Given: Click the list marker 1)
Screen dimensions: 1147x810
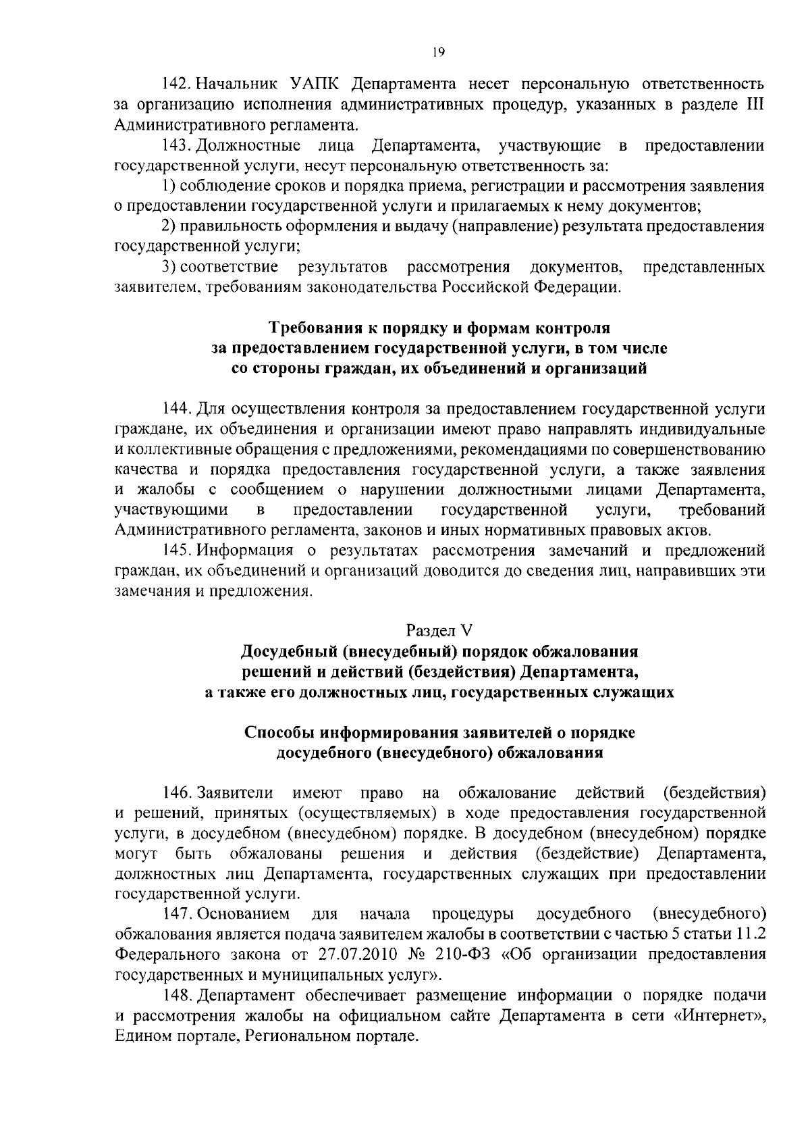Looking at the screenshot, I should (x=170, y=186).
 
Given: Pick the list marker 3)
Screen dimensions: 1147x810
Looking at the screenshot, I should (x=170, y=267).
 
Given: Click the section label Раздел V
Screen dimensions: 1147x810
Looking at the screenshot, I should (x=439, y=631).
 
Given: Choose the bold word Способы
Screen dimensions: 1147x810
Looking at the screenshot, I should (x=277, y=733).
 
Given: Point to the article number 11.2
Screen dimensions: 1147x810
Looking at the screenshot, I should (x=750, y=934).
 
